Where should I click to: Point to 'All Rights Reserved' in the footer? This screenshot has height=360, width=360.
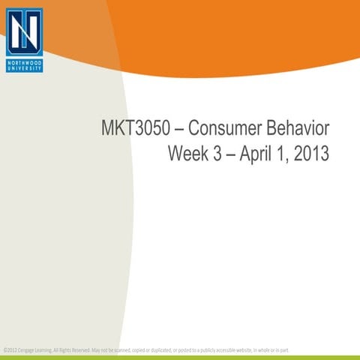(x=70, y=349)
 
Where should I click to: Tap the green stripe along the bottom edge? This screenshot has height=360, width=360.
(x=180, y=357)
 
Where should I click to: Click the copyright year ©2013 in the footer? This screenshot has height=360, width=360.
(x=10, y=349)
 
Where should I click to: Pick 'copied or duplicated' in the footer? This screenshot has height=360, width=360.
(x=150, y=349)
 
